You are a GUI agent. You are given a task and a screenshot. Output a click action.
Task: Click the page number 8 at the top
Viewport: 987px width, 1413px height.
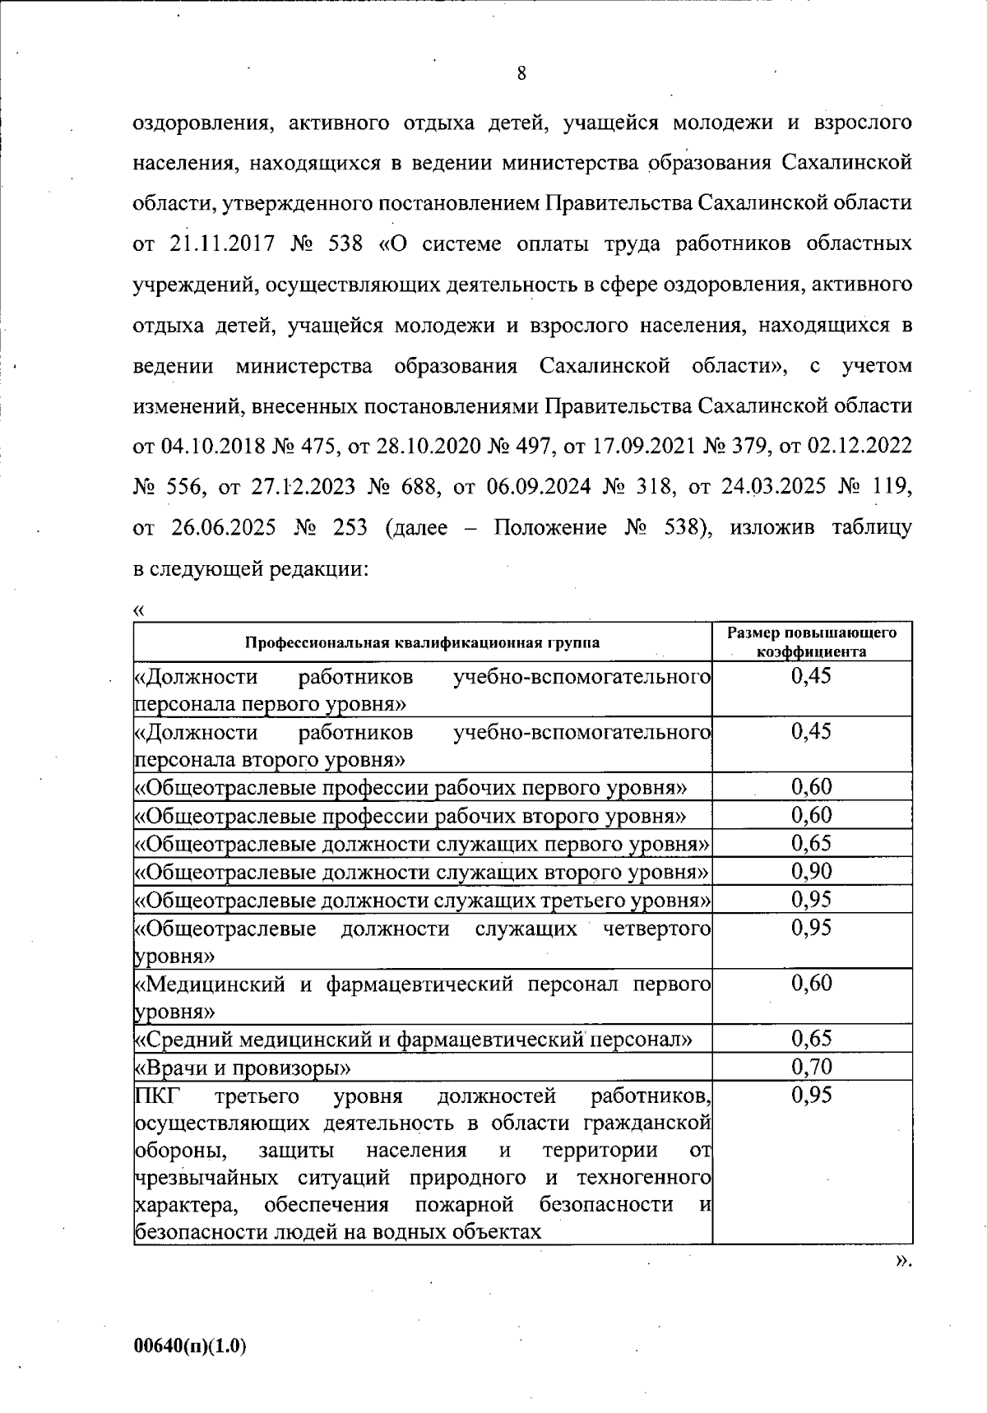tap(521, 74)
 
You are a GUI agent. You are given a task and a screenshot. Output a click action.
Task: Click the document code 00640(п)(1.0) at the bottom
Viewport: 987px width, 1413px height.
tap(190, 1346)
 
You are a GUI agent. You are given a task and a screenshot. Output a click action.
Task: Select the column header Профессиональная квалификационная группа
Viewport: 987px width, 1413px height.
tap(422, 642)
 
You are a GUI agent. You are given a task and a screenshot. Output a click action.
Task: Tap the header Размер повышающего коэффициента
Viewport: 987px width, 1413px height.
tap(811, 642)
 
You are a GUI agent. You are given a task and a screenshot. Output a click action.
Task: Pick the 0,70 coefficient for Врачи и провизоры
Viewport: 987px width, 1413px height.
tap(811, 1067)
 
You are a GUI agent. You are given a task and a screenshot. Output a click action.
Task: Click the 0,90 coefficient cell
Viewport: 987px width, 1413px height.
tap(811, 871)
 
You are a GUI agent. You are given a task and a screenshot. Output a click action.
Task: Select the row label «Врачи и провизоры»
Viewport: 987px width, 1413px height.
tap(243, 1068)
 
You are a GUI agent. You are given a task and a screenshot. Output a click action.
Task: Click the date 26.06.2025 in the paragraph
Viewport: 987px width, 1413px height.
tap(222, 527)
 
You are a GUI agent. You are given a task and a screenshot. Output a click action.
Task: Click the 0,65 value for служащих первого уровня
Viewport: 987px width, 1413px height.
tap(811, 843)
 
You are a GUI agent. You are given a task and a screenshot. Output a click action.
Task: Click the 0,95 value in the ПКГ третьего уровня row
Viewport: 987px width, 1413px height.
tap(811, 1095)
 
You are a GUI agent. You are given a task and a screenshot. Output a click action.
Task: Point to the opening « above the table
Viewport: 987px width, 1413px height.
tap(139, 610)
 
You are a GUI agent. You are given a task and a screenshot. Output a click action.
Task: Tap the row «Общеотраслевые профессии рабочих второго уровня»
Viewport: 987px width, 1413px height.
tap(410, 816)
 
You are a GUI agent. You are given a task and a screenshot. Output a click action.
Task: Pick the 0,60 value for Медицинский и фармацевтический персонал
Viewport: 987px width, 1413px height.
tap(811, 983)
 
